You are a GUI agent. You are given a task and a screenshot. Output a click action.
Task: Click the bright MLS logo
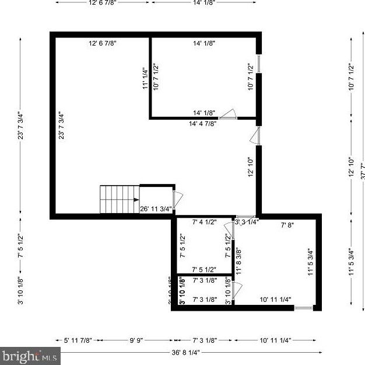[30, 354]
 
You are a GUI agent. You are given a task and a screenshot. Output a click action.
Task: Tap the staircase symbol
[120, 199]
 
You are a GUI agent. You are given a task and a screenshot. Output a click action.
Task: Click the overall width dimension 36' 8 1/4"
[187, 352]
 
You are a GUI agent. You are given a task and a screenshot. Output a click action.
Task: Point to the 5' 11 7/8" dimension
[78, 340]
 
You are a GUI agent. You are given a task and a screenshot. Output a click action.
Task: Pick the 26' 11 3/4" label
[156, 208]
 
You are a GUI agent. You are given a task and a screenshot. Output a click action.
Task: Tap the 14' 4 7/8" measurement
[203, 123]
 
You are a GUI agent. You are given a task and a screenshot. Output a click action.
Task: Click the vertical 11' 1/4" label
[146, 78]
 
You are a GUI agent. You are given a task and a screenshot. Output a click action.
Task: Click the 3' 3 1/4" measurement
[246, 222]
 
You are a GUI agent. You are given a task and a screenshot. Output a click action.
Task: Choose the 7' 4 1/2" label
[204, 222]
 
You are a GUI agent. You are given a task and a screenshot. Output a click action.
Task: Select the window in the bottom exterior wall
[303, 308]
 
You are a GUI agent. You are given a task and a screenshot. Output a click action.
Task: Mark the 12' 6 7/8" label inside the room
[103, 43]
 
